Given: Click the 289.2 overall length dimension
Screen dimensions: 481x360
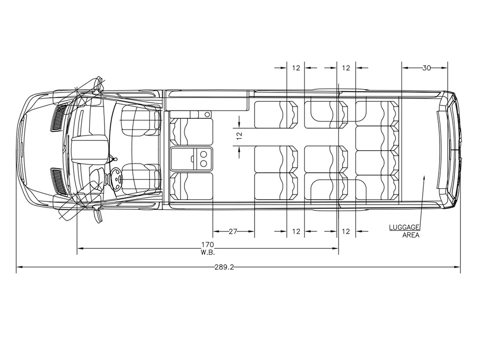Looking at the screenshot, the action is click(224, 267).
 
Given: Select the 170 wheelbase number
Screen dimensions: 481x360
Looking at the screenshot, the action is click(207, 245).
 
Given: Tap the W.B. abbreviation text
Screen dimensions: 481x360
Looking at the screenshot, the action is click(208, 253).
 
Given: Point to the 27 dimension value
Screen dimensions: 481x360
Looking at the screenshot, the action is click(233, 231).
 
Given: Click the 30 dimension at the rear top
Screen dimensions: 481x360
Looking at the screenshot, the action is click(427, 68).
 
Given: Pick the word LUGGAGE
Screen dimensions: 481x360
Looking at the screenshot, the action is click(404, 227).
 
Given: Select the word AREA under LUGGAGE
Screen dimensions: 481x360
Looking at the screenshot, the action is click(411, 235).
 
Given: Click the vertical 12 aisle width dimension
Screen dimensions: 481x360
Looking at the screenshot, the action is click(239, 136).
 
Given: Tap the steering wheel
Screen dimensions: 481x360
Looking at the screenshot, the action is click(116, 178).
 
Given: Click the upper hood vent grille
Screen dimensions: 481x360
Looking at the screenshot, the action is click(59, 118).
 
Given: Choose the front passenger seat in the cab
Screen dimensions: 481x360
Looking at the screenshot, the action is click(140, 120).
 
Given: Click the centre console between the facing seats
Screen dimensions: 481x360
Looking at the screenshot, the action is click(192, 158).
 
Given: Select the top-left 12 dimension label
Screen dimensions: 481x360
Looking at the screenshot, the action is click(296, 68).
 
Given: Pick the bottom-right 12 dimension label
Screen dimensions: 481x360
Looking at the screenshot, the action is click(346, 231).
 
